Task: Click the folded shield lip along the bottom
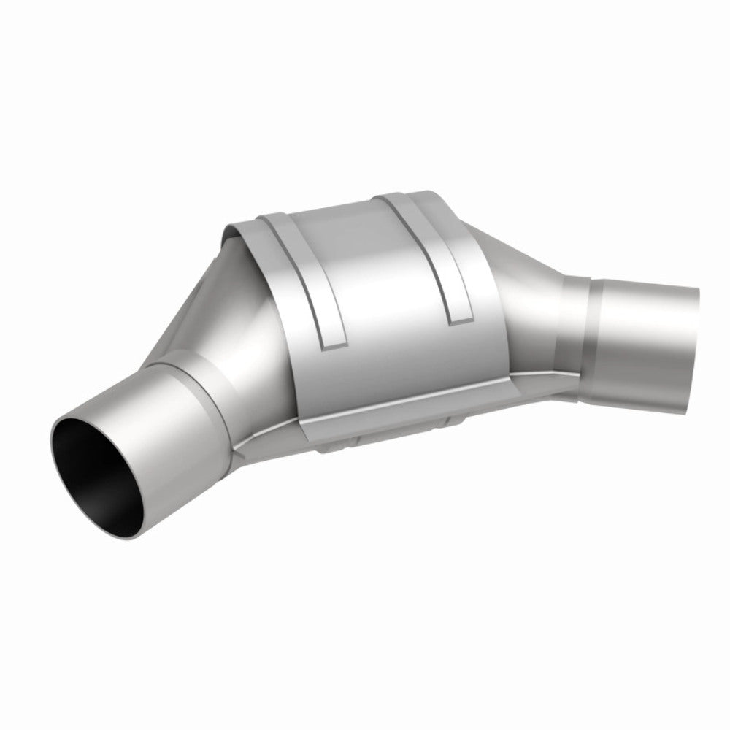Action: coord(409,409)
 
